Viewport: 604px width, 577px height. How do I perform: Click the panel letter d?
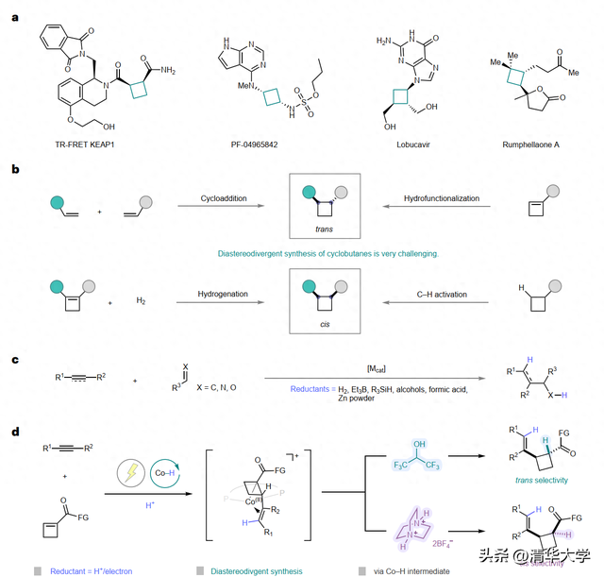16,432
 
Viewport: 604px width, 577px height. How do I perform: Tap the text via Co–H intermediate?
411,570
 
